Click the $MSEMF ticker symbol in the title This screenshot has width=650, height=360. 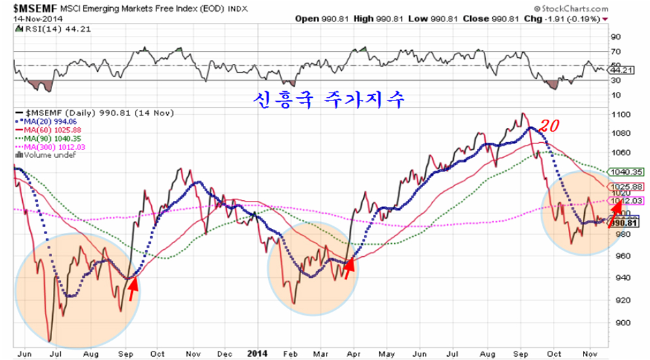click(33, 7)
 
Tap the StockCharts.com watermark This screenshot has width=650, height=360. click(571, 7)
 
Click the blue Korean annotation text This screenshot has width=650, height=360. click(329, 99)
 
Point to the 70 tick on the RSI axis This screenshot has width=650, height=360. click(615, 51)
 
